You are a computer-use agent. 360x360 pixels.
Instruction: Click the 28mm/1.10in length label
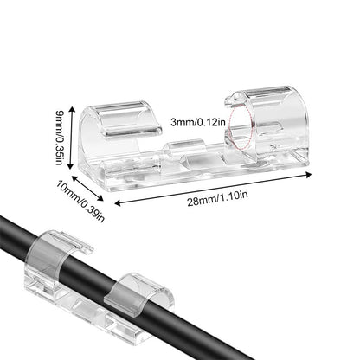[217, 198]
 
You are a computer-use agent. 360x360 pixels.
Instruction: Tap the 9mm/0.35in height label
[60, 138]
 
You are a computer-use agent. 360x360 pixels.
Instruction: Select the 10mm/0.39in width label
[80, 201]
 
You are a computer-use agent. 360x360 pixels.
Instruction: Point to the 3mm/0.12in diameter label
[197, 122]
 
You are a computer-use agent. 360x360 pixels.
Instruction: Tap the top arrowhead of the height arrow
[72, 109]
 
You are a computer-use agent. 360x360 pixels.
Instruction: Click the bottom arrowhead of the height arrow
[72, 166]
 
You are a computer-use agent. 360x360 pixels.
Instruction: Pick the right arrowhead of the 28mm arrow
[308, 175]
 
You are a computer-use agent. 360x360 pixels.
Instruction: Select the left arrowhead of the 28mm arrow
[118, 203]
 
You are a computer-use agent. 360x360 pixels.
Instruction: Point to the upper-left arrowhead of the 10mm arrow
[74, 178]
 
